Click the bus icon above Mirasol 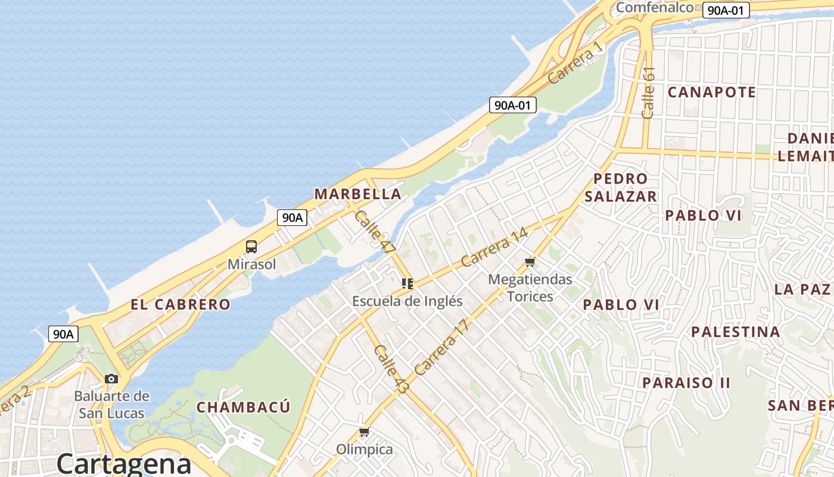251,247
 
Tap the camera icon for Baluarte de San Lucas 111,379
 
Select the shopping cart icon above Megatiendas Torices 530,262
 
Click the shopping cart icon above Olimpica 364,432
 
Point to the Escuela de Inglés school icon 407,284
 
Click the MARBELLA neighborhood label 357,194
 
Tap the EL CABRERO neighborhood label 181,304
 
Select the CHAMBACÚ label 244,407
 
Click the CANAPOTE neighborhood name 711,92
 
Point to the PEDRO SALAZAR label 620,187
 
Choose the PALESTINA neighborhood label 735,332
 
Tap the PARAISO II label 686,382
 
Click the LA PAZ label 802,289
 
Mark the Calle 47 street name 375,232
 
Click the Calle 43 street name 391,368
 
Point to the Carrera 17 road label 442,348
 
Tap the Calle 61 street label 649,92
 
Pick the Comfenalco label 654,7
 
